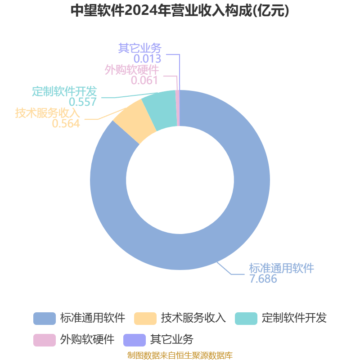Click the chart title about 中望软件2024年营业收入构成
[180, 10]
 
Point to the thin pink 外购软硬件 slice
[177, 108]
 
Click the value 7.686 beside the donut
[263, 279]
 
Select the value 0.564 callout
[66, 123]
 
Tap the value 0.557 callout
[83, 102]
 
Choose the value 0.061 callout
[144, 81]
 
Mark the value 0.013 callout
[148, 59]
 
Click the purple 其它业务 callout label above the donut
[140, 48]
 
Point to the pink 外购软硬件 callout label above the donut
[132, 70]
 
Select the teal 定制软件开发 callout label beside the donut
[64, 91]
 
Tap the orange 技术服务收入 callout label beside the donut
[48, 113]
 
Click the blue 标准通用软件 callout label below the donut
[282, 268]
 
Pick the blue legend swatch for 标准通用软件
[45, 319]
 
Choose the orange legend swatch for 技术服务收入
[145, 319]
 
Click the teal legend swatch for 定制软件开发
[246, 319]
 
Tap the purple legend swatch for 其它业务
[135, 340]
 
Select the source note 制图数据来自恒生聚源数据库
[180, 355]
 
